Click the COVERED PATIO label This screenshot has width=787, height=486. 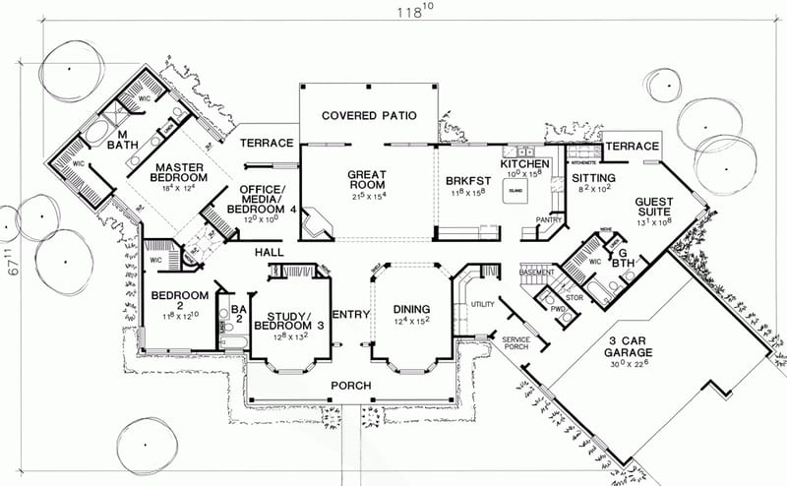coord(368,115)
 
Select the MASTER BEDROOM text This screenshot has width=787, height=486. coord(178,172)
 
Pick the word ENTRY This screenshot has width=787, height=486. coord(351,314)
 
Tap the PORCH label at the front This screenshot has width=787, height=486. coord(352,385)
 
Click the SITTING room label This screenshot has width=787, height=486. coord(593,179)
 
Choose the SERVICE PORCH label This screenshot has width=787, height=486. coord(515,342)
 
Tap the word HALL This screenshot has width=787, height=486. coord(271,253)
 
